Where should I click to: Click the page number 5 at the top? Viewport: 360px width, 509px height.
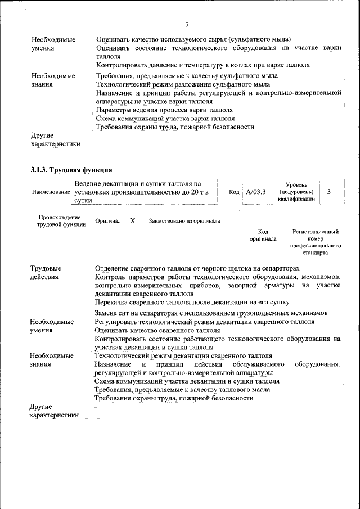[186, 24]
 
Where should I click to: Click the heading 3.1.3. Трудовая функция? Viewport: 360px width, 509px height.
[71, 169]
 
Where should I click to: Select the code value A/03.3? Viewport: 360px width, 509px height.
[256, 192]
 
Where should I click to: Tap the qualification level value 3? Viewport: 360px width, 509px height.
[328, 192]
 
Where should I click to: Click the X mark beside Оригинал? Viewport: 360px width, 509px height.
[132, 221]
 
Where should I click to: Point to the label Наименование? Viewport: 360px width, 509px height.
[50, 192]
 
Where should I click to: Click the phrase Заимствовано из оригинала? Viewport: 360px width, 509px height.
[184, 221]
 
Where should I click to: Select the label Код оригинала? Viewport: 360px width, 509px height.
[263, 235]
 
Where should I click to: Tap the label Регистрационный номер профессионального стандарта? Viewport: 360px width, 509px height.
[316, 242]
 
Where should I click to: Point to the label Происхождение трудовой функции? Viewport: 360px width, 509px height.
[58, 221]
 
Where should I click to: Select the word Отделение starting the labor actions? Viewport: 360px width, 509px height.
[112, 268]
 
